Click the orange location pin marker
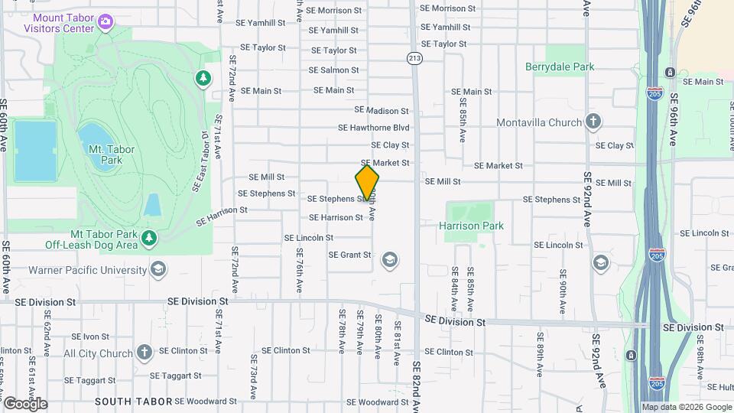(367, 183)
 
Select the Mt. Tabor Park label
(106, 154)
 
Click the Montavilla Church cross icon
(593, 122)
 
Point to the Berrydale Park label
(560, 67)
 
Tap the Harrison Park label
(472, 226)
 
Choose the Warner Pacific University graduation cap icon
(158, 269)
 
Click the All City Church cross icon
(145, 353)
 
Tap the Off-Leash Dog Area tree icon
(149, 239)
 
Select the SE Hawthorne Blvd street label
(374, 128)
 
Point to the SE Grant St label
(349, 255)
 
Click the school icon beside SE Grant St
(390, 260)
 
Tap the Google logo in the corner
(24, 403)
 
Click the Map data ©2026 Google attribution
(686, 407)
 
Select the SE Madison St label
(382, 111)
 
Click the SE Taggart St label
(175, 376)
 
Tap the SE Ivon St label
(91, 337)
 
